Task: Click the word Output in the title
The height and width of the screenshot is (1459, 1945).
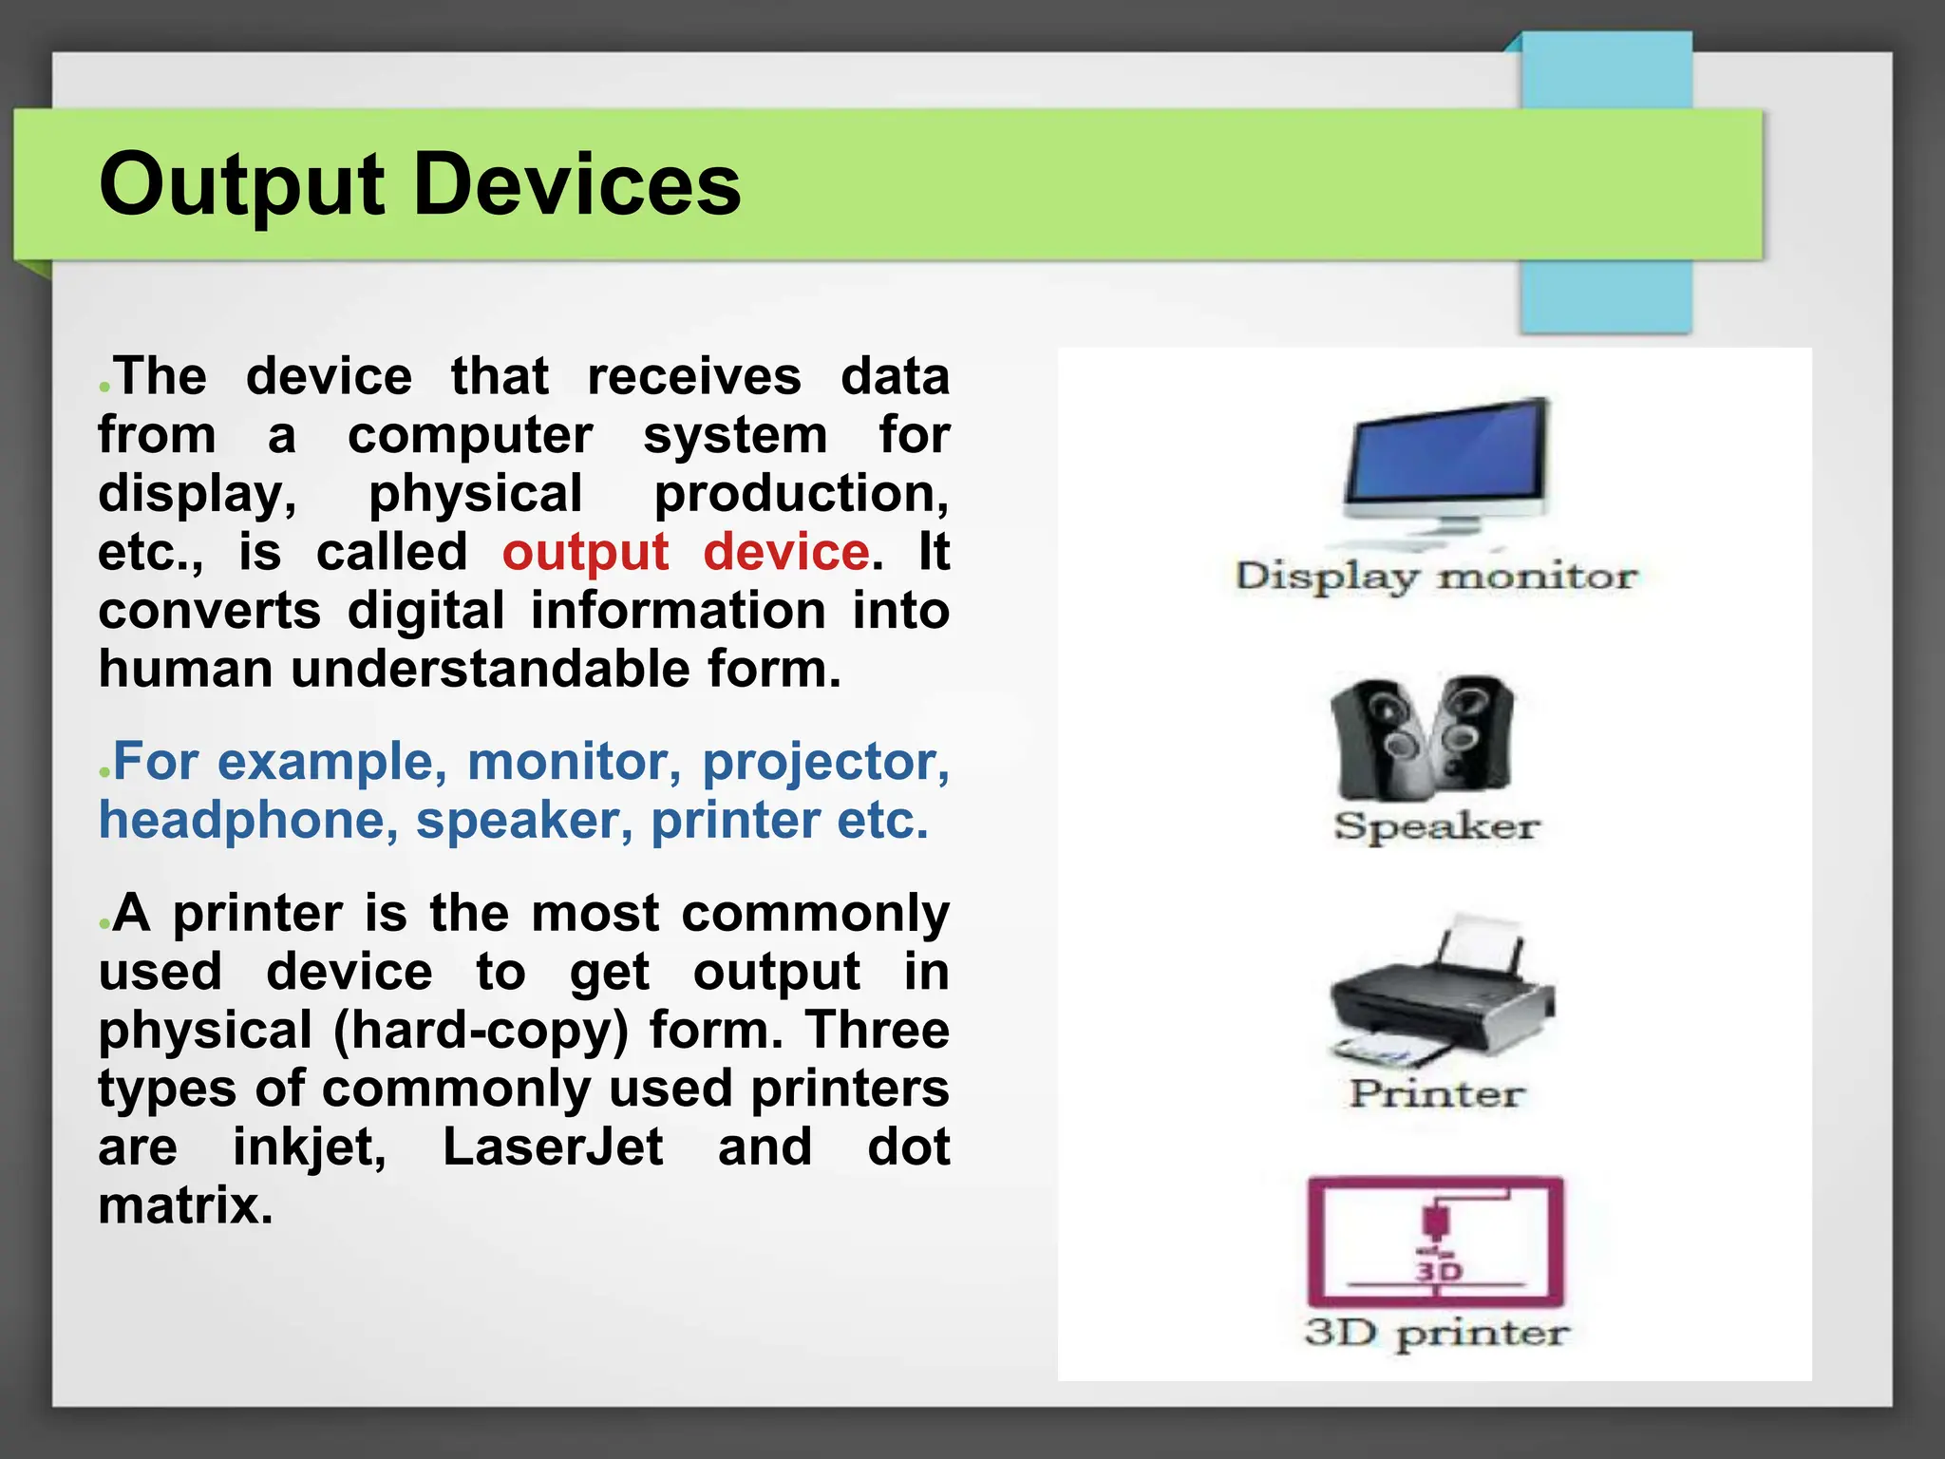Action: tap(241, 186)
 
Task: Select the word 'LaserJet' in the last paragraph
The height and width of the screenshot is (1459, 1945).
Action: tap(553, 1147)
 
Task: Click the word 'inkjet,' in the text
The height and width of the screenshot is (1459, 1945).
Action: tap(310, 1147)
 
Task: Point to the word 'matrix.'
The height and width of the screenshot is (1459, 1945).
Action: tap(186, 1206)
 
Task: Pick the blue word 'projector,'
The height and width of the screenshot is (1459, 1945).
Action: tap(825, 763)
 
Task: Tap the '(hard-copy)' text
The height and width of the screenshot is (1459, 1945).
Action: tap(481, 1031)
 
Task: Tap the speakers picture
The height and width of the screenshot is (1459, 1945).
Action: tap(1423, 737)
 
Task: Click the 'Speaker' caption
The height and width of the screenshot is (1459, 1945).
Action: tap(1435, 826)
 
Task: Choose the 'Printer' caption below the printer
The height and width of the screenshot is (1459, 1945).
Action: tap(1437, 1094)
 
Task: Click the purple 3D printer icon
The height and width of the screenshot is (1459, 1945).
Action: tap(1435, 1241)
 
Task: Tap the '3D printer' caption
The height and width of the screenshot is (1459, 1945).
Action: tap(1436, 1334)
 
